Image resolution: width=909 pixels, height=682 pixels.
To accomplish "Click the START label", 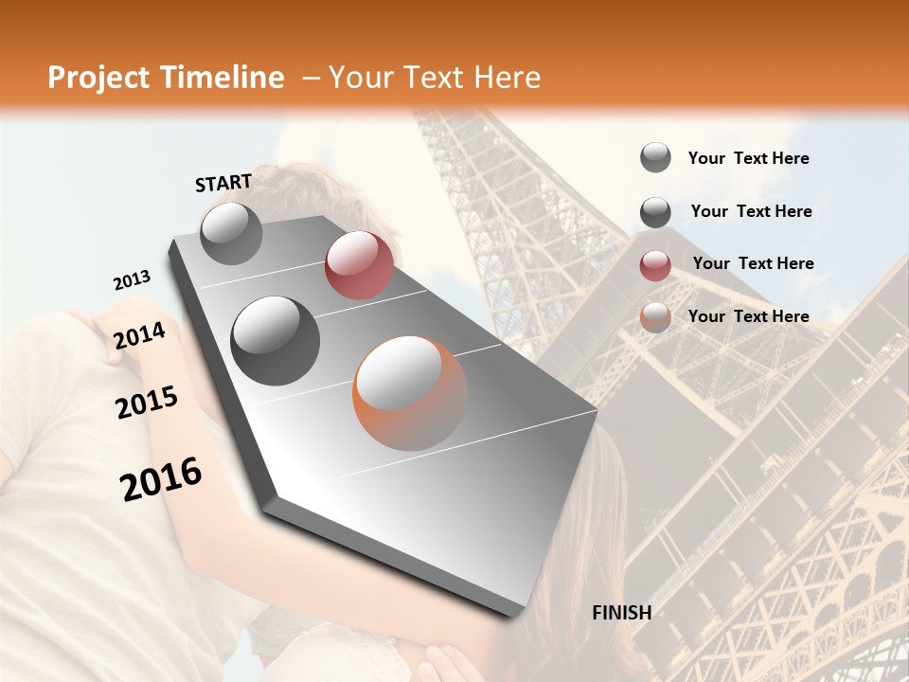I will click(223, 183).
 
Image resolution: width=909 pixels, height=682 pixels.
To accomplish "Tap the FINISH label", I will click(622, 613).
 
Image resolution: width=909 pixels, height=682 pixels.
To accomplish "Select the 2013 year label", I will click(132, 280).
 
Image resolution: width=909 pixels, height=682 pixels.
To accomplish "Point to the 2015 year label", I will click(147, 403).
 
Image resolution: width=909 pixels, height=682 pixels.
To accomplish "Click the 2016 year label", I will click(161, 478).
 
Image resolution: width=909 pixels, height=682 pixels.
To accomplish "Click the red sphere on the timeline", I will click(359, 265).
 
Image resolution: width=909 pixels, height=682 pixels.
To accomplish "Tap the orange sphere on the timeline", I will click(410, 393).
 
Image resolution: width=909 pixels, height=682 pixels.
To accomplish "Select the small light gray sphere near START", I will click(231, 233).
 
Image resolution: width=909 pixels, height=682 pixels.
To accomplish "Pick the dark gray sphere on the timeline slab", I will click(276, 340).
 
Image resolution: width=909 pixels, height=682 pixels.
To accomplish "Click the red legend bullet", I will click(655, 265).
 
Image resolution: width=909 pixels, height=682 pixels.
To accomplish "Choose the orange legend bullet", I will click(655, 317).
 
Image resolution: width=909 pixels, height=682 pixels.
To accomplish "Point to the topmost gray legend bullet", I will click(655, 157).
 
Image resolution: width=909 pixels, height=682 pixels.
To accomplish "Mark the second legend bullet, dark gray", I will click(655, 212).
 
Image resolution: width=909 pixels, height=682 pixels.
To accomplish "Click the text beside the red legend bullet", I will click(753, 263).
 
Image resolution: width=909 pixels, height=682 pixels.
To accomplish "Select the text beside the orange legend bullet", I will click(749, 316).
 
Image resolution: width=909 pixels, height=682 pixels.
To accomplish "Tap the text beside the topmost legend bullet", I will click(749, 158).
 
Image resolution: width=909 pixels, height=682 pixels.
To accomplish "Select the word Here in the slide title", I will click(506, 78).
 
